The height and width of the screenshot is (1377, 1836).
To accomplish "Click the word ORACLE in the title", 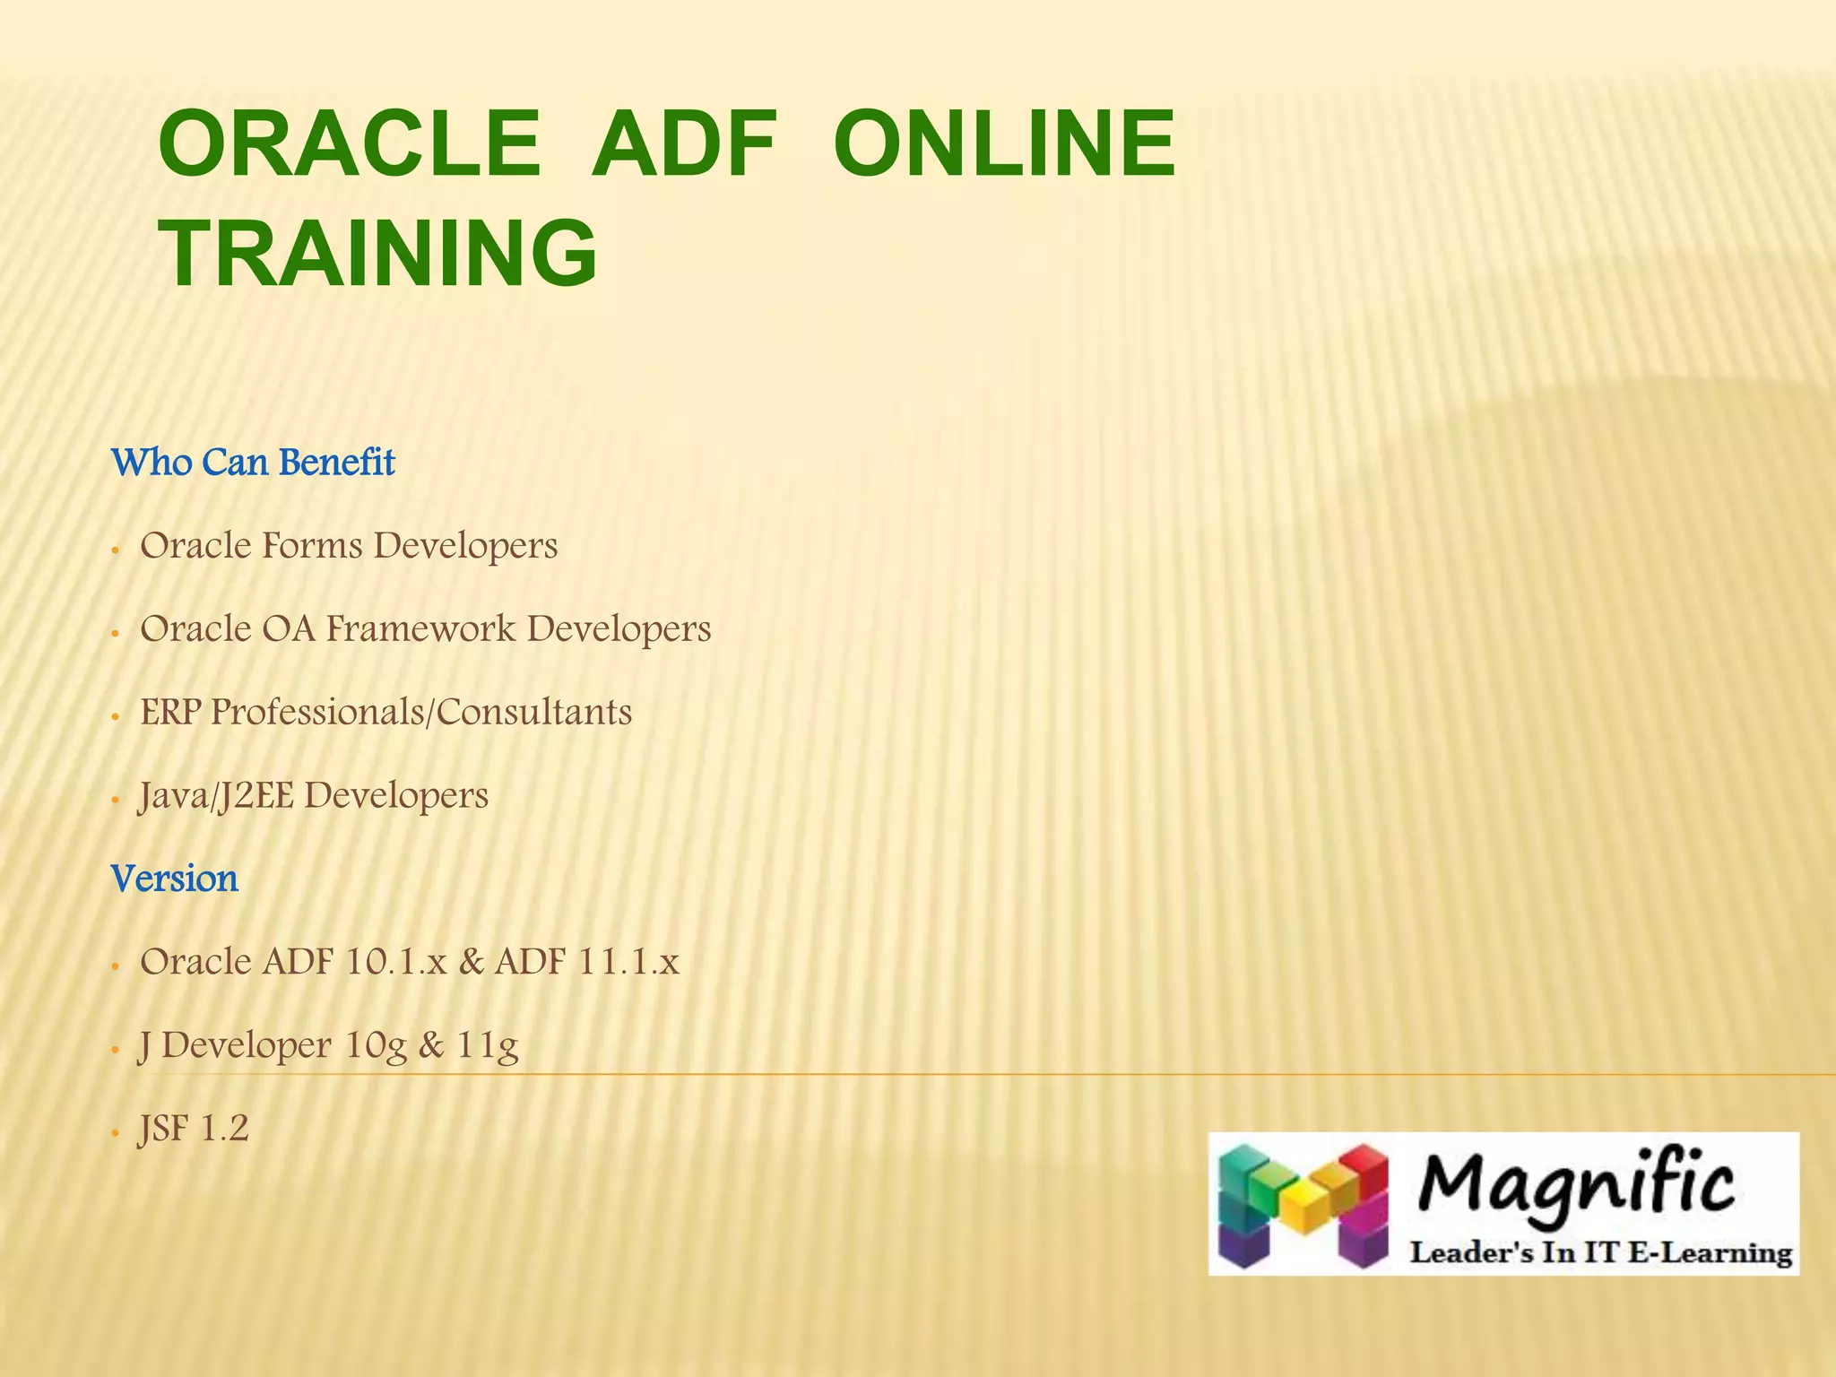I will (350, 143).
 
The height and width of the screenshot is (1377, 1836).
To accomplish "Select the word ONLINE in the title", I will (1004, 143).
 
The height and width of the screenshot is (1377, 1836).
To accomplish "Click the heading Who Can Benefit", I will (253, 463).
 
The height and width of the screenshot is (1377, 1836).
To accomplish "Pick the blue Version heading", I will (175, 879).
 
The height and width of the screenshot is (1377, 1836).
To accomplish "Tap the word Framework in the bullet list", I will (420, 628).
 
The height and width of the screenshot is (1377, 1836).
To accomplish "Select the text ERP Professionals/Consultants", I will (385, 712).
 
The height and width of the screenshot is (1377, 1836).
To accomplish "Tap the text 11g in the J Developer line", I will (488, 1046).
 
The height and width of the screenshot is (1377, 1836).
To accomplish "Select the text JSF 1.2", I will (193, 1129).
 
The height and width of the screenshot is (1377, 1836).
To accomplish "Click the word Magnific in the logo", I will (1576, 1185).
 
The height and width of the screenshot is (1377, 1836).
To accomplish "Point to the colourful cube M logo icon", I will (1302, 1204).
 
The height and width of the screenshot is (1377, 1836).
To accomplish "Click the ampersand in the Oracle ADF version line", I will (471, 962).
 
